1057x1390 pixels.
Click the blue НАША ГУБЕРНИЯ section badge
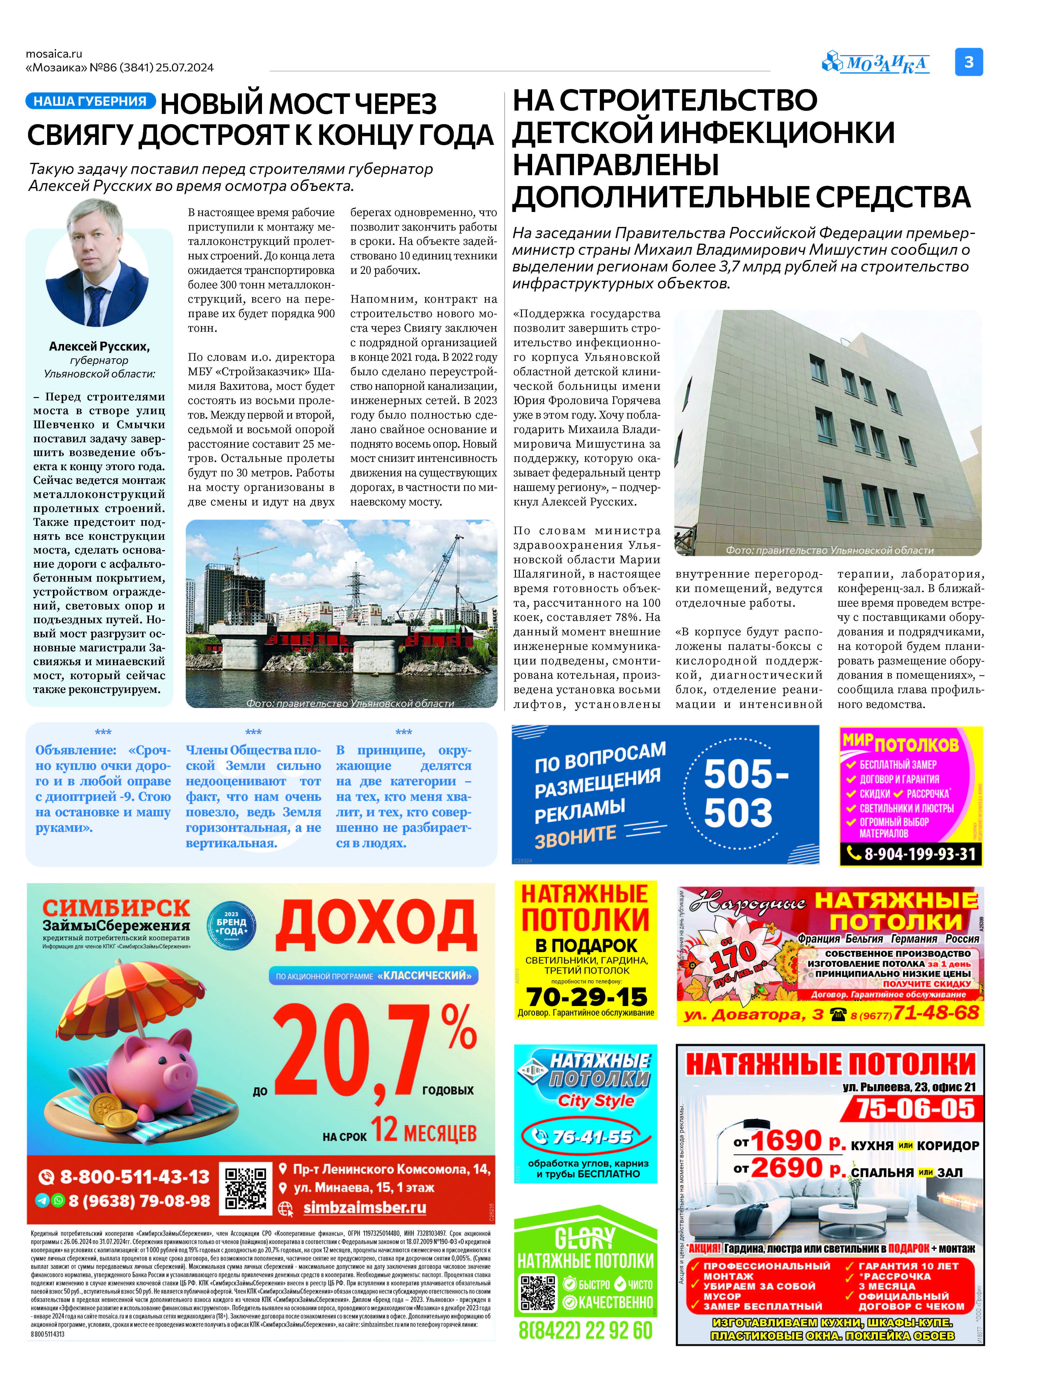(x=90, y=101)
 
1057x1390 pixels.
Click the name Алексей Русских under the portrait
(x=99, y=346)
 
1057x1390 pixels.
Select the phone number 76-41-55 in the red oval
(x=591, y=1136)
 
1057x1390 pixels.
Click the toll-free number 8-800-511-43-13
(x=133, y=1177)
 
